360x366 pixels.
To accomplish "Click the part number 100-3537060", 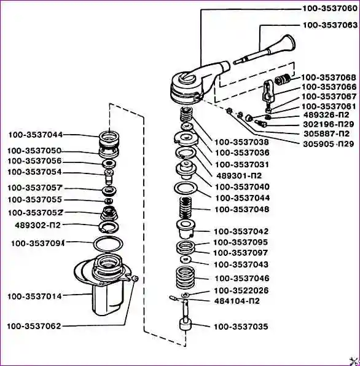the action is tap(330, 9).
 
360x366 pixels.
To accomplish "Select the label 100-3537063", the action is tap(330, 25).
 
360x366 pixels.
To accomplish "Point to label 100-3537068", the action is tap(329, 78).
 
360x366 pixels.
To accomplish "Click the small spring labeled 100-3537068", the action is tap(283, 79).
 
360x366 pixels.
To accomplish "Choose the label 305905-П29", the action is tap(329, 144).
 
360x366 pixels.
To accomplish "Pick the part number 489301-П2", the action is tap(239, 175).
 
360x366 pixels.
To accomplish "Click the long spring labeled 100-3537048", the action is tap(186, 207).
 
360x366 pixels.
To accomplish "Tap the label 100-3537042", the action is tap(241, 231).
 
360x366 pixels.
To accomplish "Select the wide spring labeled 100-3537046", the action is tap(186, 277).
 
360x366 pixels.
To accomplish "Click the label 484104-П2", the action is tap(237, 301).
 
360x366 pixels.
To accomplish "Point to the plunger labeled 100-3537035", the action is tap(186, 317).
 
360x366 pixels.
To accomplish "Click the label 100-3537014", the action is tap(34, 296).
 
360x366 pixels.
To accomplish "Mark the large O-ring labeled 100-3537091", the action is tap(108, 244).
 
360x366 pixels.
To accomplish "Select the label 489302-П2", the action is tap(37, 225).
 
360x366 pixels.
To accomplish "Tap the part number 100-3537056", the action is tap(34, 161).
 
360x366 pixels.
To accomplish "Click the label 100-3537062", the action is tap(34, 326).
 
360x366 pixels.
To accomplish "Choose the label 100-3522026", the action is tap(241, 290).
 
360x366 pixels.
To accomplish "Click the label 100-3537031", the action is tap(242, 165).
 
